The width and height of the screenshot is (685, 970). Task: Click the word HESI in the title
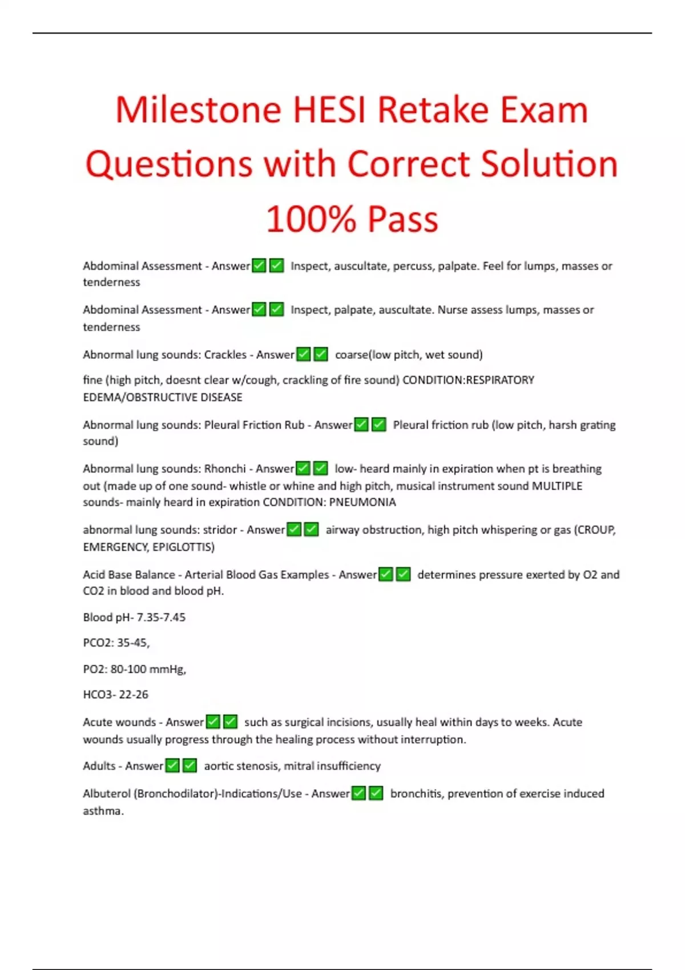coord(329,110)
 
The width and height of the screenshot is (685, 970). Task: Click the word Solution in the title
coord(549,164)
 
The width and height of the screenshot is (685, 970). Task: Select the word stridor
coord(220,530)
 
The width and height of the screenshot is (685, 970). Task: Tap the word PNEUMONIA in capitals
coord(362,502)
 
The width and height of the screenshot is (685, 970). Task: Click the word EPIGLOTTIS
coord(183,547)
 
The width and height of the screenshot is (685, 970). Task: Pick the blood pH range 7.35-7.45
coord(161,617)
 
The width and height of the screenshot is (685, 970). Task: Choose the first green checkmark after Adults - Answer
coord(172,766)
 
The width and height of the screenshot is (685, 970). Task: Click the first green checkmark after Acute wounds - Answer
coord(213,722)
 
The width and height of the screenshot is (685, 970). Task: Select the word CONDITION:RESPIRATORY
coord(468,380)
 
